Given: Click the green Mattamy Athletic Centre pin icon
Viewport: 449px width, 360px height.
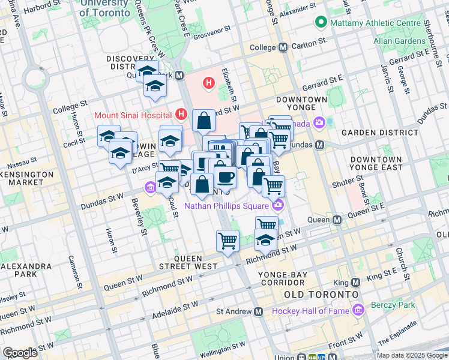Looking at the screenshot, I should [321, 23].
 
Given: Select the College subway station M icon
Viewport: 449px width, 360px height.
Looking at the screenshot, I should [283, 47].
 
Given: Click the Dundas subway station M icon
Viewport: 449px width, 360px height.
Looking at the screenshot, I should [320, 145].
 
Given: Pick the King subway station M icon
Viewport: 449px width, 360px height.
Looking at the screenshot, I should [355, 282].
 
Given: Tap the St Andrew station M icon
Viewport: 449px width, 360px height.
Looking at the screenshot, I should [259, 311].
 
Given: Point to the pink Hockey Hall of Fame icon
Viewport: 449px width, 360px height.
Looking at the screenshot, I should [359, 310].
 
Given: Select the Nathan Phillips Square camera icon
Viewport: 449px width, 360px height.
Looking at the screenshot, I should [277, 206].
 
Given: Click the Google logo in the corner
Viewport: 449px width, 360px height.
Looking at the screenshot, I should [20, 353].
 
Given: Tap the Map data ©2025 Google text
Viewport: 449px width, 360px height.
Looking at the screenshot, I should [411, 355].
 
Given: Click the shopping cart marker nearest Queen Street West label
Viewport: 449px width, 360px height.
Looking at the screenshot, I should [228, 241].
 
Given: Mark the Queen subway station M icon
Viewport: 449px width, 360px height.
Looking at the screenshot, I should [337, 220].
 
